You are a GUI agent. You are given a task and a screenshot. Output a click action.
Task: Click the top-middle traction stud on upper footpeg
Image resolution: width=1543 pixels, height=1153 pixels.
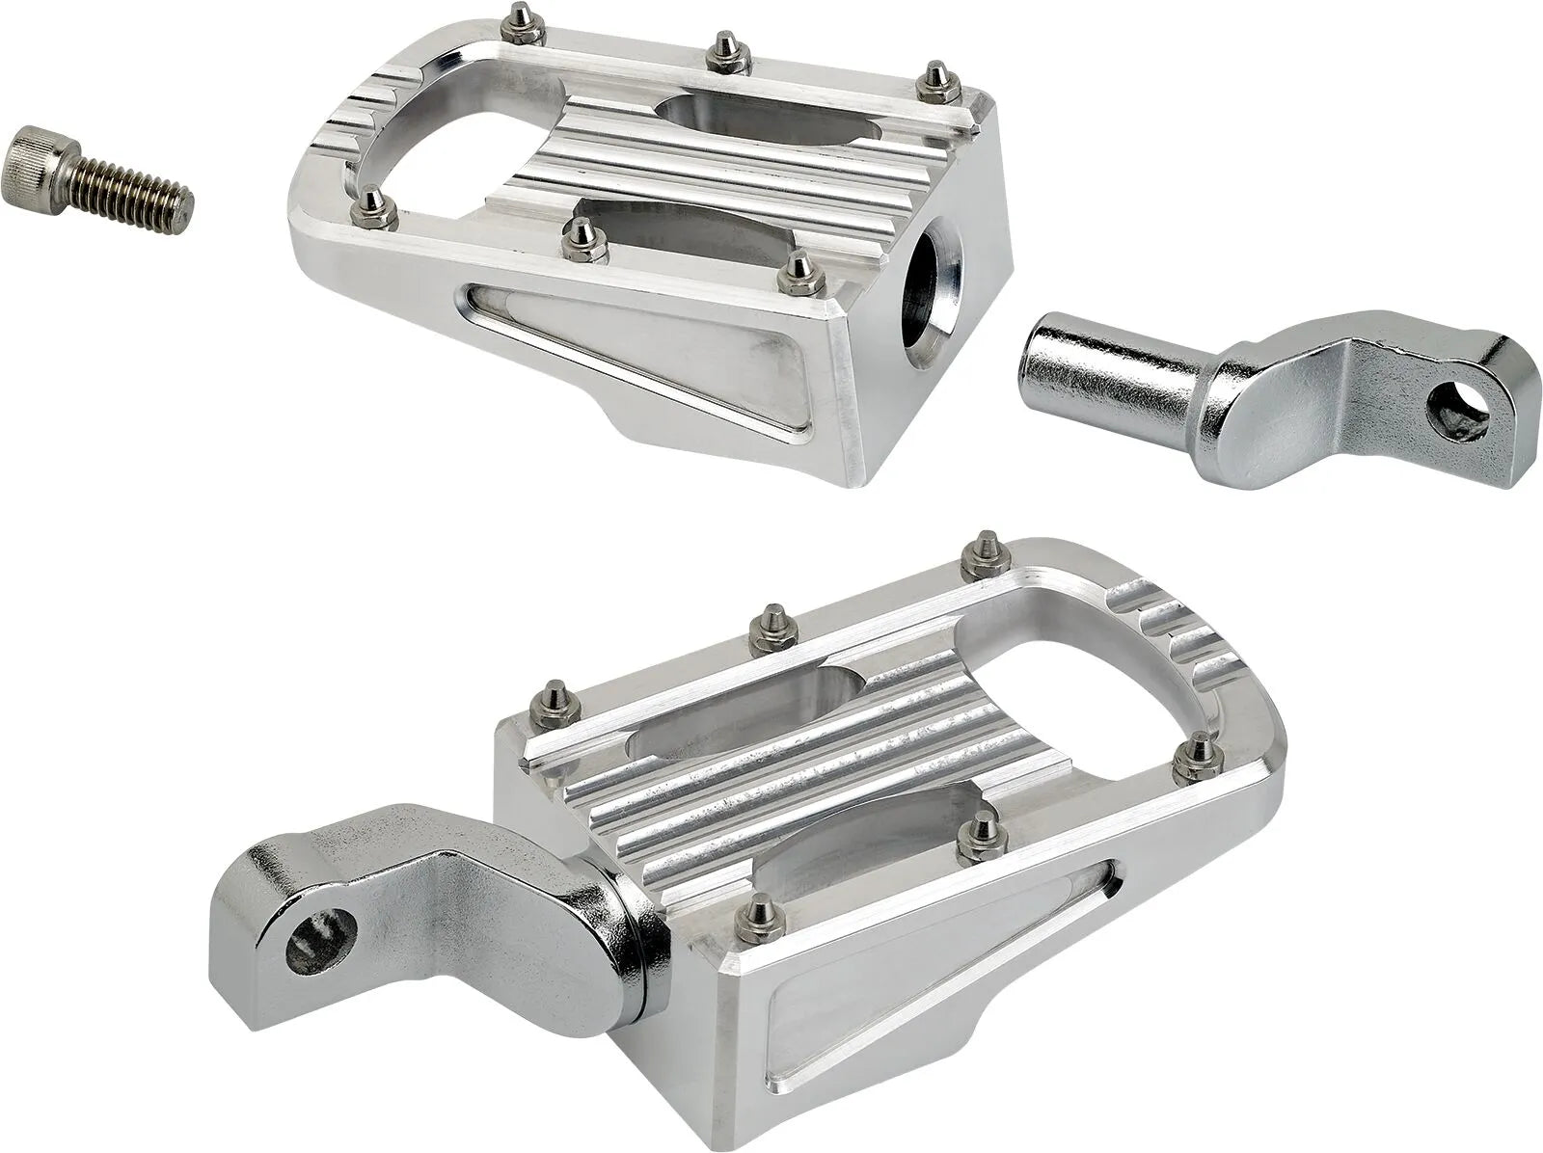pyautogui.click(x=721, y=53)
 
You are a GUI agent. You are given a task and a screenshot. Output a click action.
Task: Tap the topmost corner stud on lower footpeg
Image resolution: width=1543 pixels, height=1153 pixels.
pyautogui.click(x=985, y=547)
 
